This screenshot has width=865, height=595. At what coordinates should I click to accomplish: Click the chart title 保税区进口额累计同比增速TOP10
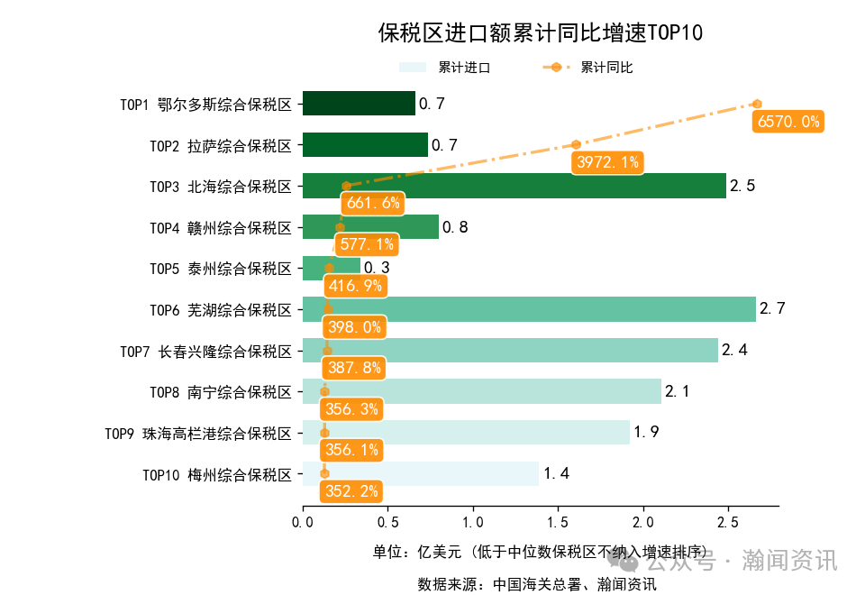(540, 33)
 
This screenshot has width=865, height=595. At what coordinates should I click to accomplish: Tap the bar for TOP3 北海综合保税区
(514, 186)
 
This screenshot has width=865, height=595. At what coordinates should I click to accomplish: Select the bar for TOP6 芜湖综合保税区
(529, 309)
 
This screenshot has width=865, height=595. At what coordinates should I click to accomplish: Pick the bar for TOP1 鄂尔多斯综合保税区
(359, 104)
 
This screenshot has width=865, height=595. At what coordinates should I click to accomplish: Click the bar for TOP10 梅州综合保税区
(420, 473)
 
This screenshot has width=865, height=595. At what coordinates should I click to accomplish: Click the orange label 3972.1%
(607, 162)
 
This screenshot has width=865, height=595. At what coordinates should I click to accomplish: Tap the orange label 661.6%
(372, 203)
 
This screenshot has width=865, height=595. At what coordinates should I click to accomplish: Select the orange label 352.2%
(351, 491)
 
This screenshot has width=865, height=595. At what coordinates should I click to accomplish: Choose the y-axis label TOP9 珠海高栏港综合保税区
(198, 433)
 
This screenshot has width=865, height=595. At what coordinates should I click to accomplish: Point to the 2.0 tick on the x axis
(642, 522)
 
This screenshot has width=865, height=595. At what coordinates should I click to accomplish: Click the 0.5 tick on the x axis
(387, 522)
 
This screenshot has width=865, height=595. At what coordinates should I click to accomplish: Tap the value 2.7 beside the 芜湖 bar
(772, 309)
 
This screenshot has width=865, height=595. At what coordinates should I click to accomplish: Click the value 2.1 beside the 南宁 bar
(678, 391)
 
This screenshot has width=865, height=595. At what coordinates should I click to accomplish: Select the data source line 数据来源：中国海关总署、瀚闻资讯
(536, 583)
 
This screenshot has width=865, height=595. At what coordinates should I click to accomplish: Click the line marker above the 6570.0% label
(757, 104)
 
